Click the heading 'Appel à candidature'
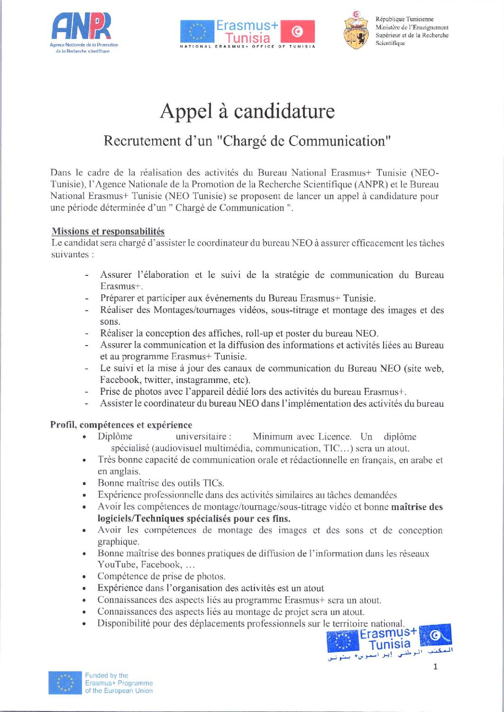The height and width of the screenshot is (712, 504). click(x=247, y=111)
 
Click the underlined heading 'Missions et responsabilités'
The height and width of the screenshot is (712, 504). click(x=108, y=231)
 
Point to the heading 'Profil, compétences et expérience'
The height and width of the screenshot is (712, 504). click(x=121, y=425)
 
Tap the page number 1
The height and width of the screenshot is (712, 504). click(x=435, y=666)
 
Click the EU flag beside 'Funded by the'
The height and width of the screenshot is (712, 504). click(x=65, y=683)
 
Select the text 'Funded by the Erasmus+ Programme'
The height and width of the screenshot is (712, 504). click(x=119, y=679)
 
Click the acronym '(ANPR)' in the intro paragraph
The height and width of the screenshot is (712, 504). click(x=372, y=184)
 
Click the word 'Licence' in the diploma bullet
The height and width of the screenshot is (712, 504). click(x=334, y=437)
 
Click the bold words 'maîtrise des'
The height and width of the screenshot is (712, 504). click(x=417, y=507)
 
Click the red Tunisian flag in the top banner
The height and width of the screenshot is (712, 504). click(x=297, y=31)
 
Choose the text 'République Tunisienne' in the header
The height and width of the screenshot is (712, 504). click(x=404, y=19)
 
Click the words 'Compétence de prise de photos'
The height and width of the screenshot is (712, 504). click(x=161, y=576)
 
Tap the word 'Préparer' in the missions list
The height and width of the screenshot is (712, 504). click(x=117, y=298)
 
